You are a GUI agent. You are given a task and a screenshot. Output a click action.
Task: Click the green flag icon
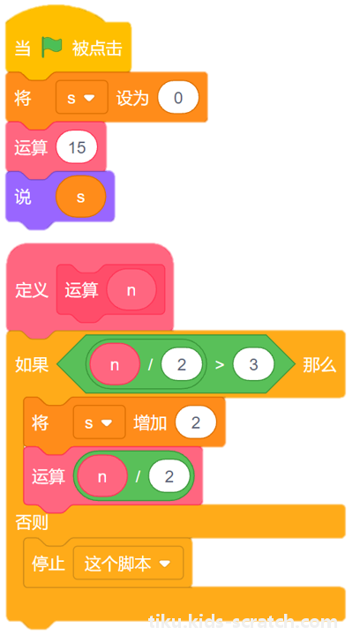tap(52, 49)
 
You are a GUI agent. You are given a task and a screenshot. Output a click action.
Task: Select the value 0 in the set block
tap(178, 98)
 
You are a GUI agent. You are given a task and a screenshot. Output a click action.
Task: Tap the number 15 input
tap(77, 147)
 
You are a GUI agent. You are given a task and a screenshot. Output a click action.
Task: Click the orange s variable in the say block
tap(81, 198)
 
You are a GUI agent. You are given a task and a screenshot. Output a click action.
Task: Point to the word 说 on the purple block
tap(23, 198)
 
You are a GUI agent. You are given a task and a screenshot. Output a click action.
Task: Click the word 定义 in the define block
tap(32, 290)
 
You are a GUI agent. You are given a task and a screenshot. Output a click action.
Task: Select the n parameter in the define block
tap(131, 290)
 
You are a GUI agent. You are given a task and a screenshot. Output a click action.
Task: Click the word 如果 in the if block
tap(32, 365)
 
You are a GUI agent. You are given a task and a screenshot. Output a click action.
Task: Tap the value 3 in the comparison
tap(253, 365)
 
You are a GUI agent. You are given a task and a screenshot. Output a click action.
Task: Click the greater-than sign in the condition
tap(220, 365)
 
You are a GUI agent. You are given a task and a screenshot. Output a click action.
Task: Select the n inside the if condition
tap(115, 365)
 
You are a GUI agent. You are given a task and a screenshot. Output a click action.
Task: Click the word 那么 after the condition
tap(319, 365)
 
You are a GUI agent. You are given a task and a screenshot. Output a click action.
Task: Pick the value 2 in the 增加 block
tap(196, 422)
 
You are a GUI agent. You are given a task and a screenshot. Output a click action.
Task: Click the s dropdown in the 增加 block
tap(99, 422)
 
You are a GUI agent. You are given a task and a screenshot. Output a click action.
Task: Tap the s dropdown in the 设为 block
tap(82, 98)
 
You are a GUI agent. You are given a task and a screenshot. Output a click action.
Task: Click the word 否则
tap(32, 522)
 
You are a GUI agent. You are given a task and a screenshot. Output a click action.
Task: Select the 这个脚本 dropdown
tap(128, 564)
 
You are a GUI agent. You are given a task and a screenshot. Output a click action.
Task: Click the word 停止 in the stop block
tap(49, 564)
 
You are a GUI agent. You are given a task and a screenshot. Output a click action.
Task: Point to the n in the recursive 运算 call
tap(102, 476)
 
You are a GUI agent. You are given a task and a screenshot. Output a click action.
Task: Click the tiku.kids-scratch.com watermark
tap(244, 621)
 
